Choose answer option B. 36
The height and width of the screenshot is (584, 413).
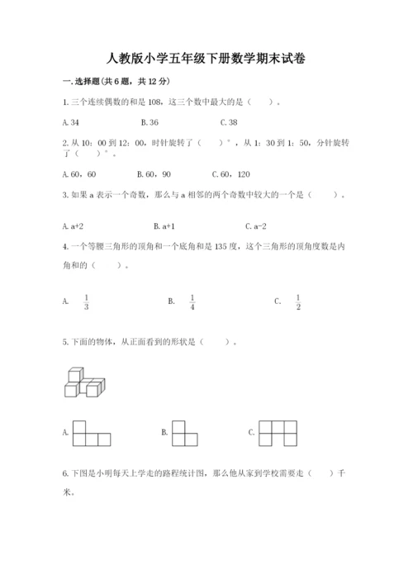[x=150, y=122]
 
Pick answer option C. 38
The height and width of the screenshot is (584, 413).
[x=229, y=122]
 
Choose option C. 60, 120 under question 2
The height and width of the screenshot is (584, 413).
[x=231, y=174]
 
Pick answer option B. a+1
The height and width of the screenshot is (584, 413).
[x=163, y=226]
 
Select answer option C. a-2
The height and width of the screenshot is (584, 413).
[x=255, y=226]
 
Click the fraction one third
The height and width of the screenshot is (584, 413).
[x=86, y=302]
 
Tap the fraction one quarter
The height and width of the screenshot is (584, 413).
[x=192, y=302]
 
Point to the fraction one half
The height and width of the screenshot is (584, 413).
[x=298, y=302]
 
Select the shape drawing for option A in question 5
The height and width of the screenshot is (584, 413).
[x=91, y=432]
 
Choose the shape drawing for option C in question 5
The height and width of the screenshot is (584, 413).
[x=278, y=432]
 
